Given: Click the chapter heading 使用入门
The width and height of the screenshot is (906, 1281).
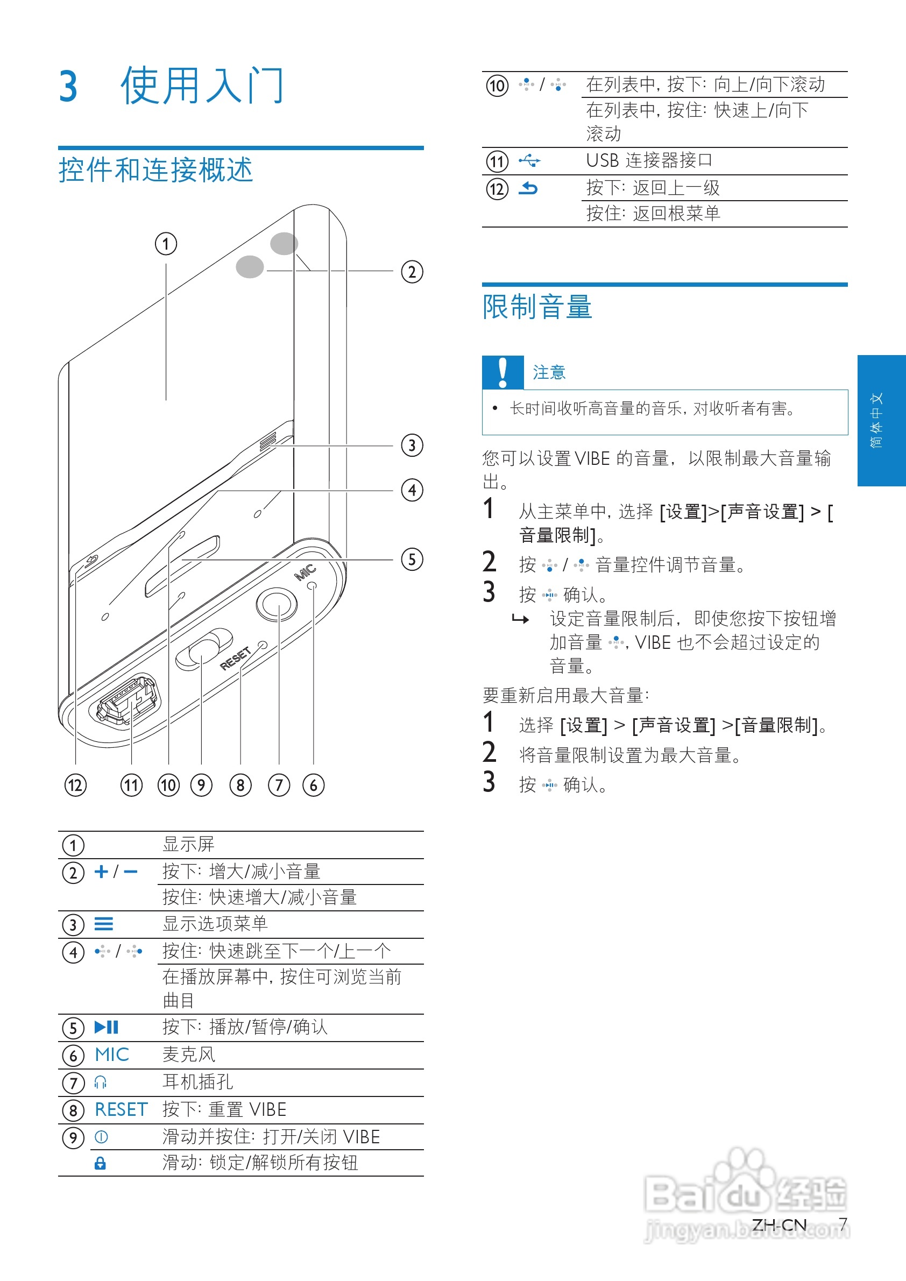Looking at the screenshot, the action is click(202, 86).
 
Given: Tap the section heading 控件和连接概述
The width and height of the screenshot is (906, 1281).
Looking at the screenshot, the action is click(155, 170).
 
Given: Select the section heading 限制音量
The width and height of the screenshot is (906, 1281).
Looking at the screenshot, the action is click(537, 307).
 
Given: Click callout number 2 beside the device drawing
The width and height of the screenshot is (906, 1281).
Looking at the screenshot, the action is click(412, 272).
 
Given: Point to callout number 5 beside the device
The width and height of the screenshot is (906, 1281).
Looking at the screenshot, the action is click(412, 560).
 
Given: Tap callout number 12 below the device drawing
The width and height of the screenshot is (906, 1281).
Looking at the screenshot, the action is click(75, 785).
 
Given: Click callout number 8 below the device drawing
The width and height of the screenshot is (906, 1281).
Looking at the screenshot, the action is click(240, 785).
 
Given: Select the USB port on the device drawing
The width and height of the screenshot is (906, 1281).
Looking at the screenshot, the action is click(125, 702).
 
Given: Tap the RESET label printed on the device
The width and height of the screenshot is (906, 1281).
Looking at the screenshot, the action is click(235, 659).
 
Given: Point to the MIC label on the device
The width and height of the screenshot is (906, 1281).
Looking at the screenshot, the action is click(305, 572).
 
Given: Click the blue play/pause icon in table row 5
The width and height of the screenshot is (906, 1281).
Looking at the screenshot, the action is click(106, 1027).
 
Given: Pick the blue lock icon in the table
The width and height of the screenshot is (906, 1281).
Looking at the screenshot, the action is click(101, 1163).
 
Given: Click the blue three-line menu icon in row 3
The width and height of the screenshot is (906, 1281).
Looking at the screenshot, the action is click(104, 924).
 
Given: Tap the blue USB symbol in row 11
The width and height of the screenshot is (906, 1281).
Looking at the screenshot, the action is click(529, 161).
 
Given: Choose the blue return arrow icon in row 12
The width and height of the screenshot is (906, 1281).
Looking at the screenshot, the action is click(528, 189).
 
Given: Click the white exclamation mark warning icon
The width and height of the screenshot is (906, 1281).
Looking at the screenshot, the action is click(502, 372).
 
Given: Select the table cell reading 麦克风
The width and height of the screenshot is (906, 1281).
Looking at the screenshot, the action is click(188, 1054).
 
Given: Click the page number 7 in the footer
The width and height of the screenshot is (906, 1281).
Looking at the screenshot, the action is click(843, 1224).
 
